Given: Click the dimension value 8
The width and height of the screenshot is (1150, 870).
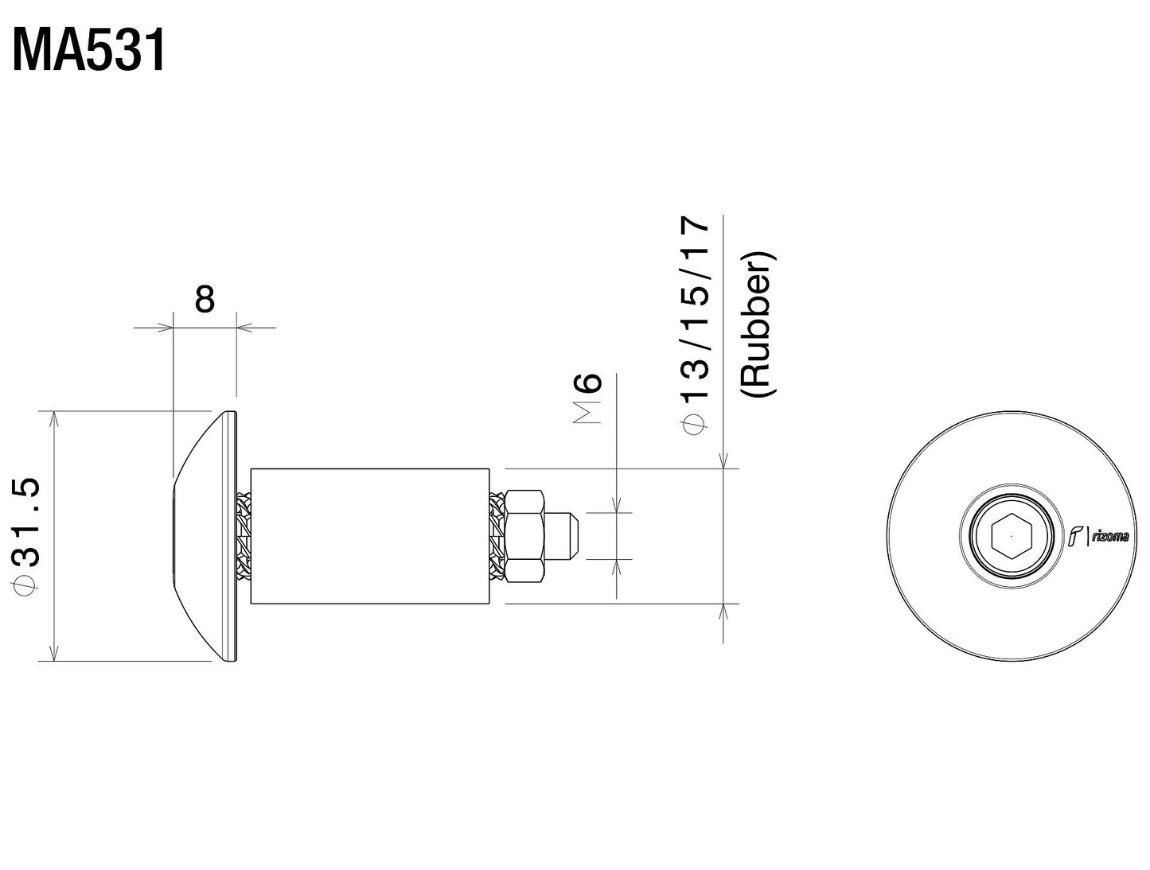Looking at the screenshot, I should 205,300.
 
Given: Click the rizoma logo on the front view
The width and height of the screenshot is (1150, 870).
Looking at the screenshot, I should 1098,536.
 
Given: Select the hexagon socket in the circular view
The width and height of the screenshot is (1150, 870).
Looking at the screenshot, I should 1011,536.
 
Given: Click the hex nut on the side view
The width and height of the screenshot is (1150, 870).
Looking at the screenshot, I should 526,535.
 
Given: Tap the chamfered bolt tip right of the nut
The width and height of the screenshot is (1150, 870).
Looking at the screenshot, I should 567,535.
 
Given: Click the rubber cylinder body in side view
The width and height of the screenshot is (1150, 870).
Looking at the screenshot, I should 370,535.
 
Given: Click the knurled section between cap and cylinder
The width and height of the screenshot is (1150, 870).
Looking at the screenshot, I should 244,535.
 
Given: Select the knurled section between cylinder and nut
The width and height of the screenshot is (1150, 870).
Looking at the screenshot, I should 498,535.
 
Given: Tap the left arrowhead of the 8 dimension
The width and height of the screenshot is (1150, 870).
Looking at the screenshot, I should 166,327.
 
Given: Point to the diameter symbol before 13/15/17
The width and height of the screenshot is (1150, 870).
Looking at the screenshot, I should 694,425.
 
